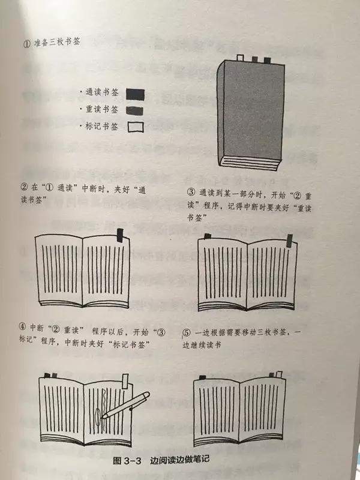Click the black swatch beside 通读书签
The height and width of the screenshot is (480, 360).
pyautogui.click(x=136, y=94)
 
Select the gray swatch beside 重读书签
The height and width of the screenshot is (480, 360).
pyautogui.click(x=136, y=110)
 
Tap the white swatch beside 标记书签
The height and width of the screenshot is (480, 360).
pyautogui.click(x=136, y=127)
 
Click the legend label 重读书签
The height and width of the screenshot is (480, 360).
pyautogui.click(x=102, y=110)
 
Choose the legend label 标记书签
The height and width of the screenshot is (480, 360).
pyautogui.click(x=102, y=127)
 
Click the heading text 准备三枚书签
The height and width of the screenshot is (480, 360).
pyautogui.click(x=59, y=44)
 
